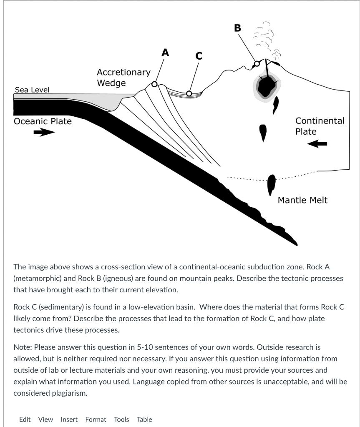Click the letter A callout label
tap(166, 52)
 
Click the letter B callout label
tap(237, 28)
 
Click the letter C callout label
tap(199, 56)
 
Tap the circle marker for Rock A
tap(155, 84)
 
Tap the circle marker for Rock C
tap(189, 93)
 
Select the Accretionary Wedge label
tap(123, 78)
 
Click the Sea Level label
tap(32, 90)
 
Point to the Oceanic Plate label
tap(43, 121)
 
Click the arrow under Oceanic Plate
tap(44, 133)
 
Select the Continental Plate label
tap(320, 126)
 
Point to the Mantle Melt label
tap(302, 200)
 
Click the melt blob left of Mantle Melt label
tap(272, 184)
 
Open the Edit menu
tap(25, 419)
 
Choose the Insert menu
tap(70, 419)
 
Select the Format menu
tap(96, 419)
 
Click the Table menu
tap(144, 419)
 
